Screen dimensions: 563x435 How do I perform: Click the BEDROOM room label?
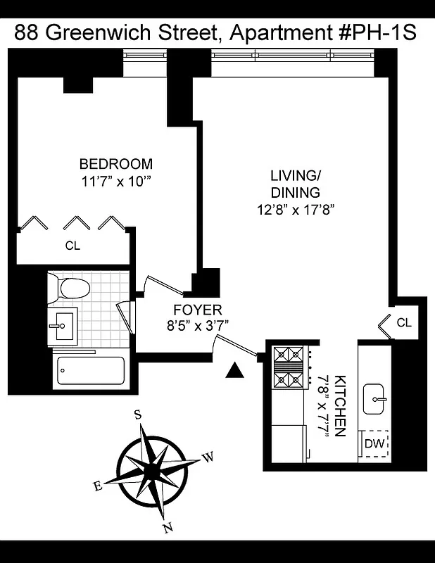click(x=115, y=164)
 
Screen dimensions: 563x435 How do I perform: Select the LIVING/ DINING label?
click(x=295, y=183)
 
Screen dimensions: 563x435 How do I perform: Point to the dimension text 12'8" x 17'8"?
click(x=295, y=209)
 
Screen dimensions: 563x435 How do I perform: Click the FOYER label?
click(x=197, y=310)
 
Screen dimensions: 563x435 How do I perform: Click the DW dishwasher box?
click(x=374, y=444)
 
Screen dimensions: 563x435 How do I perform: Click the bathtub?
click(x=90, y=369)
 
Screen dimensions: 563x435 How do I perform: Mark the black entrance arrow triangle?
click(x=235, y=370)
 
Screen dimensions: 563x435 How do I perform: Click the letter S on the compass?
click(x=138, y=415)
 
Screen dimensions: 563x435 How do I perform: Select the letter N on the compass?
click(x=167, y=528)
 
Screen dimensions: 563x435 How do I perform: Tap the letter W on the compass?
click(x=208, y=457)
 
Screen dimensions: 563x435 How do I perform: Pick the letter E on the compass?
click(x=98, y=486)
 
